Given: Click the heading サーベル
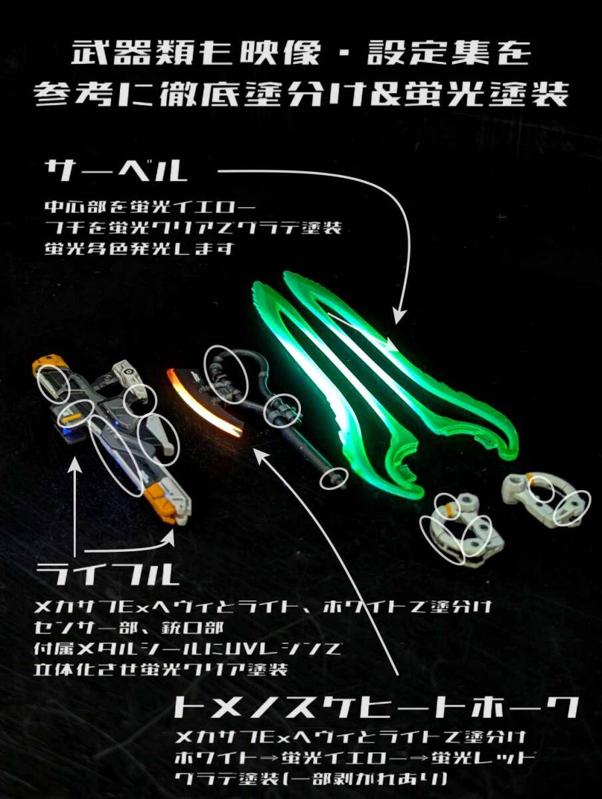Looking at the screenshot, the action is click(x=116, y=171).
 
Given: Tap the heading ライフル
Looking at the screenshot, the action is click(x=108, y=574).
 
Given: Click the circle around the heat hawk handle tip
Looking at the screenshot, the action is click(x=334, y=478).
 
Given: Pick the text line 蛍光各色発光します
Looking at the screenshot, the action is click(x=139, y=250).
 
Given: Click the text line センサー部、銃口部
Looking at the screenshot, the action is click(x=129, y=629).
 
